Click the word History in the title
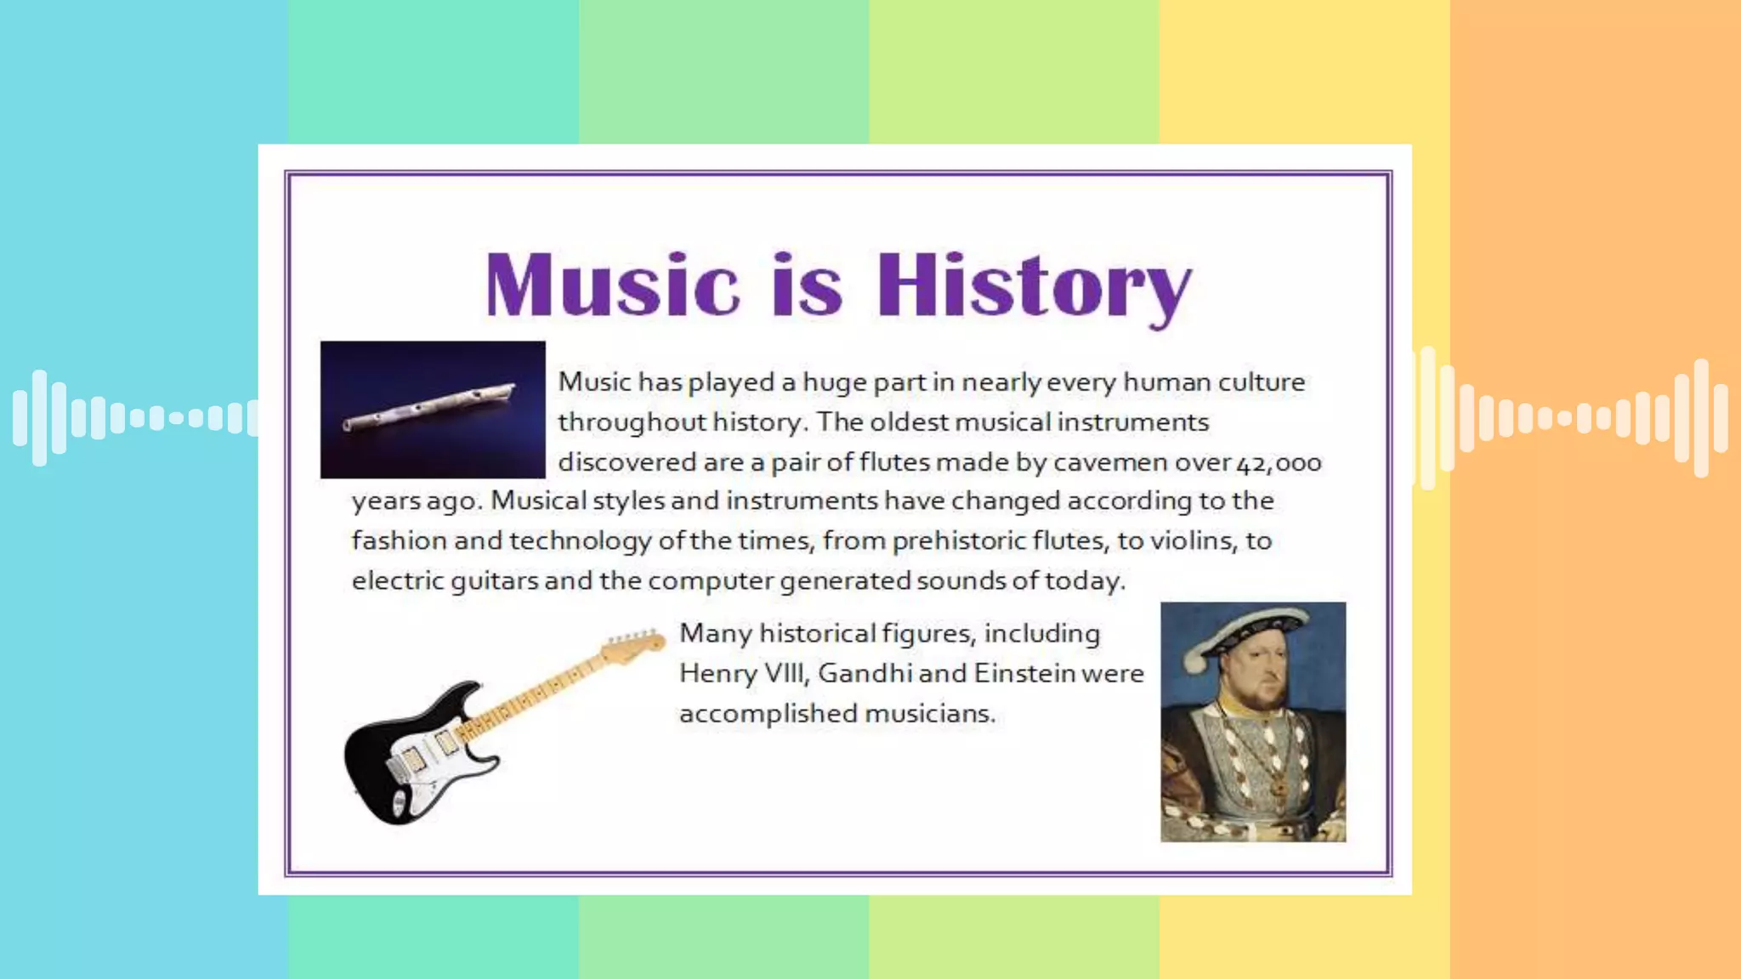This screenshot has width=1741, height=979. (1033, 286)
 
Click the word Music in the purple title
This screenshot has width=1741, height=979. (612, 286)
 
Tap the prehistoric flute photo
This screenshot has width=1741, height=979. (433, 410)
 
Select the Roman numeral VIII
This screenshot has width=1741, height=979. (785, 673)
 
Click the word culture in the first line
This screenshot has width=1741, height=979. (1261, 382)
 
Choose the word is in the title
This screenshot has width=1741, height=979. (807, 286)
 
